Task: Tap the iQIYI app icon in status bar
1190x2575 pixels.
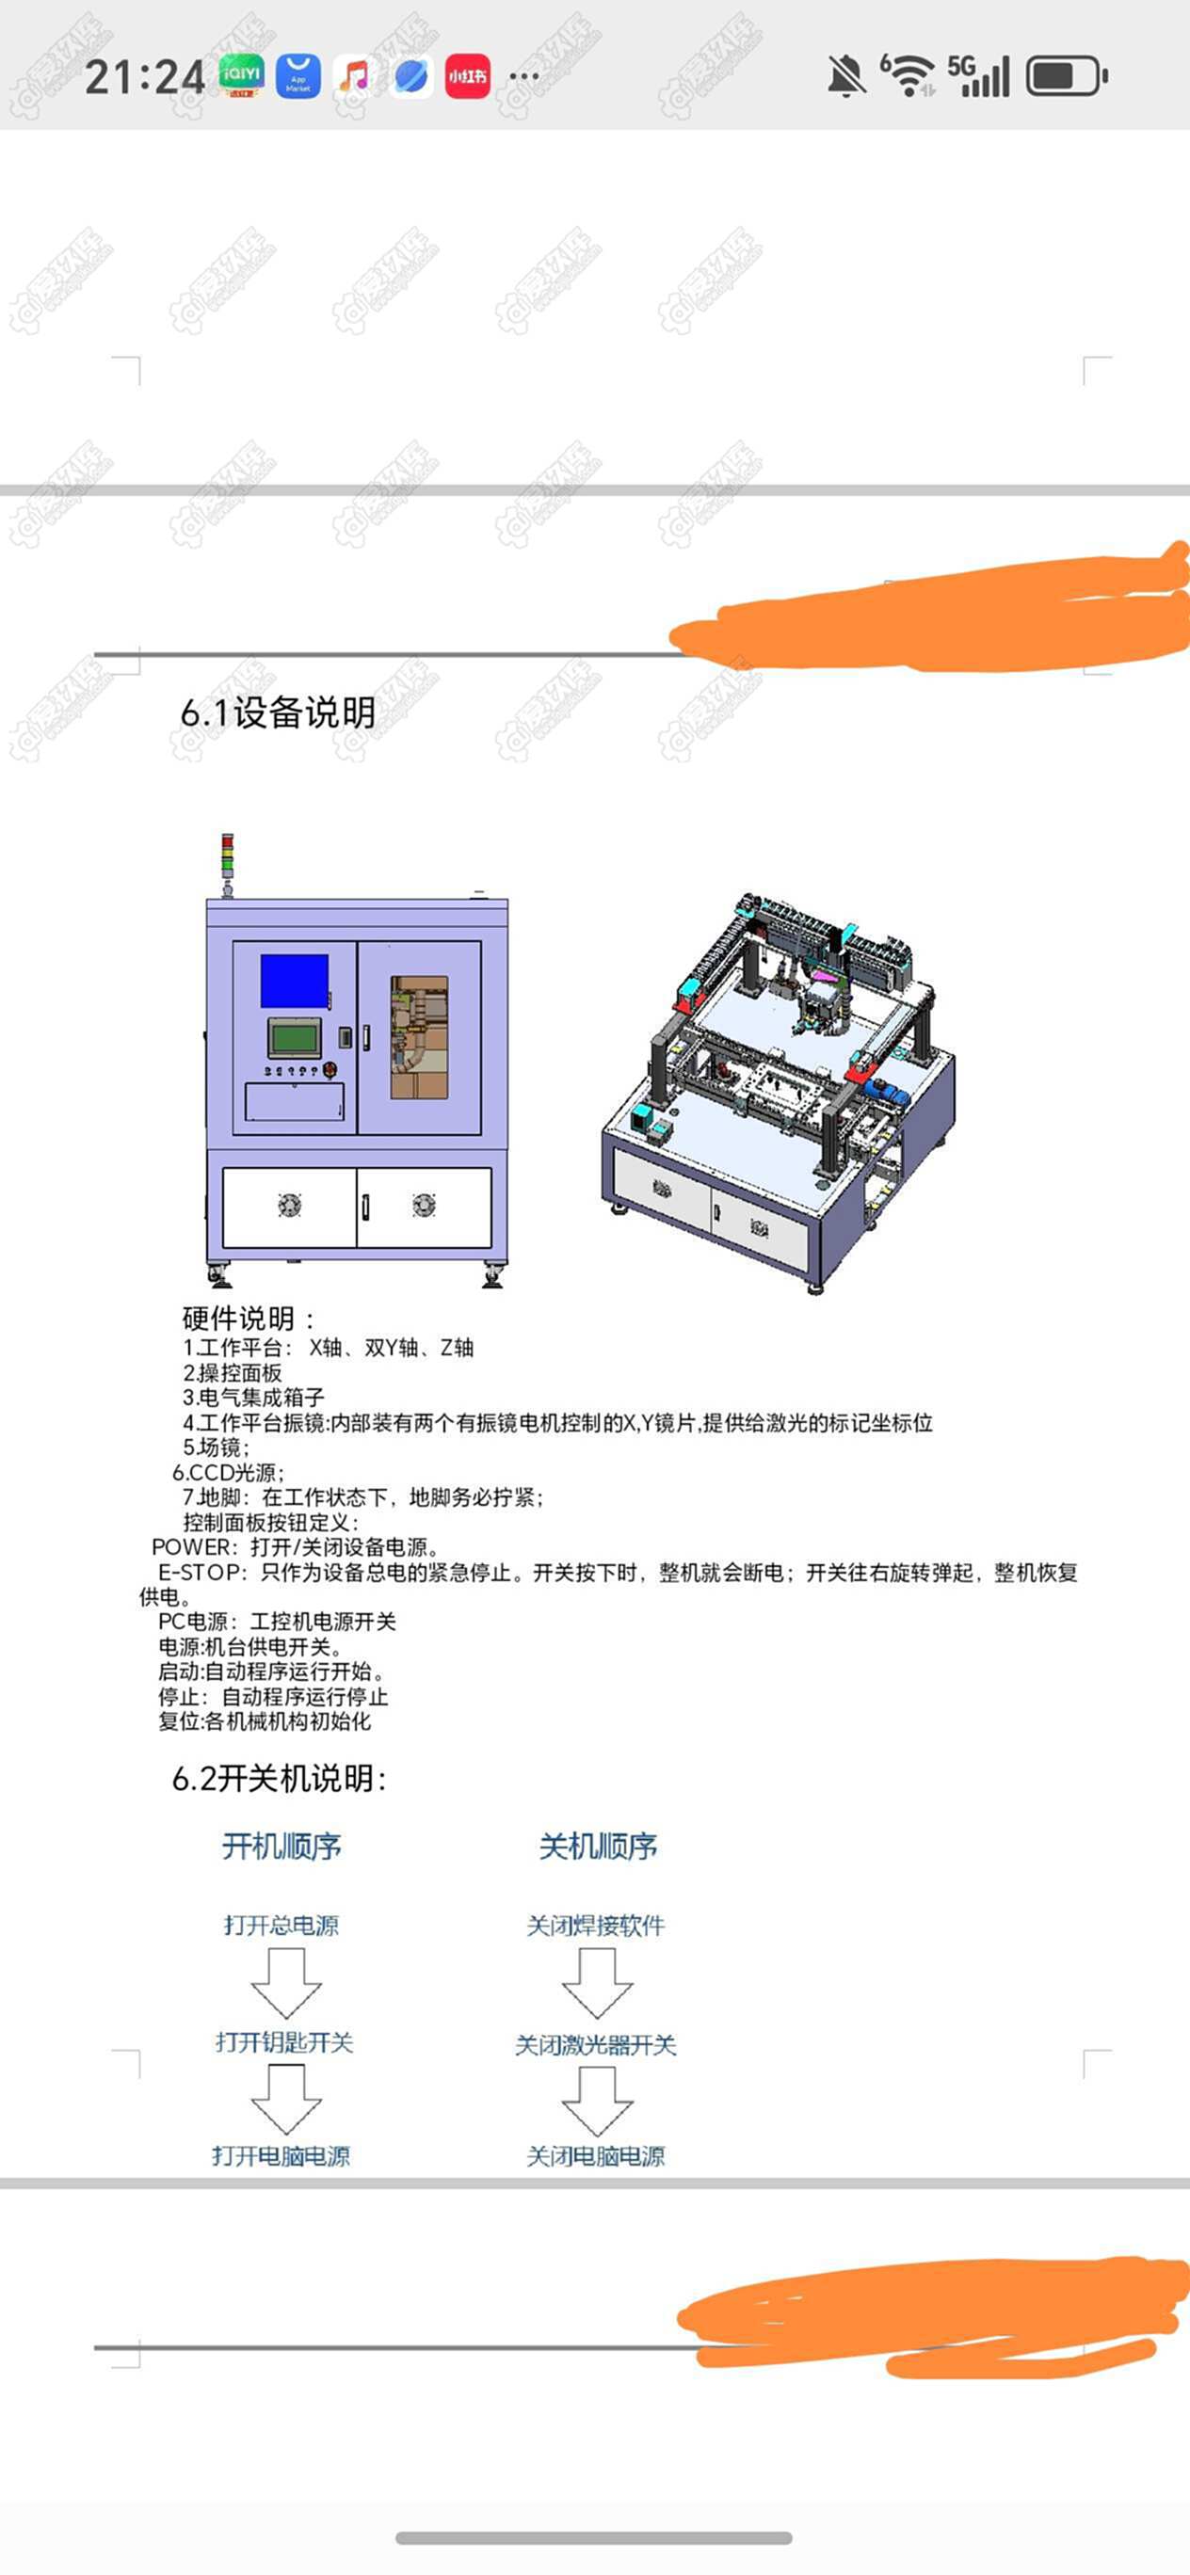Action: pyautogui.click(x=241, y=76)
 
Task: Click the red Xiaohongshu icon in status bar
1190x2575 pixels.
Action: pyautogui.click(x=467, y=76)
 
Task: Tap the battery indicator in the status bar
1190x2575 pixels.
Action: pyautogui.click(x=1067, y=77)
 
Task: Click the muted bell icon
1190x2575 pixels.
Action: pyautogui.click(x=846, y=76)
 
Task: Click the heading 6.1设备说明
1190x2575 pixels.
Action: pyautogui.click(x=278, y=712)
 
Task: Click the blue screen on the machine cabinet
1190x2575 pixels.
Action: pyautogui.click(x=295, y=981)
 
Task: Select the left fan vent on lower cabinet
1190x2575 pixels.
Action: pyautogui.click(x=289, y=1206)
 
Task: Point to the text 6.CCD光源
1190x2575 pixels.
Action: pyautogui.click(x=228, y=1472)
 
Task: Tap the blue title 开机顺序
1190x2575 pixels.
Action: pyautogui.click(x=282, y=1847)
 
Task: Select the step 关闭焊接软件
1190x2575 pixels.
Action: pyautogui.click(x=596, y=1926)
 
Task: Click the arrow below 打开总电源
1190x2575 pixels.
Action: pyautogui.click(x=286, y=1982)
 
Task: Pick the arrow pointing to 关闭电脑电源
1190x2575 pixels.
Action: pyautogui.click(x=597, y=2099)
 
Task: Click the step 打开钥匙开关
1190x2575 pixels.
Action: pyautogui.click(x=285, y=2042)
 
